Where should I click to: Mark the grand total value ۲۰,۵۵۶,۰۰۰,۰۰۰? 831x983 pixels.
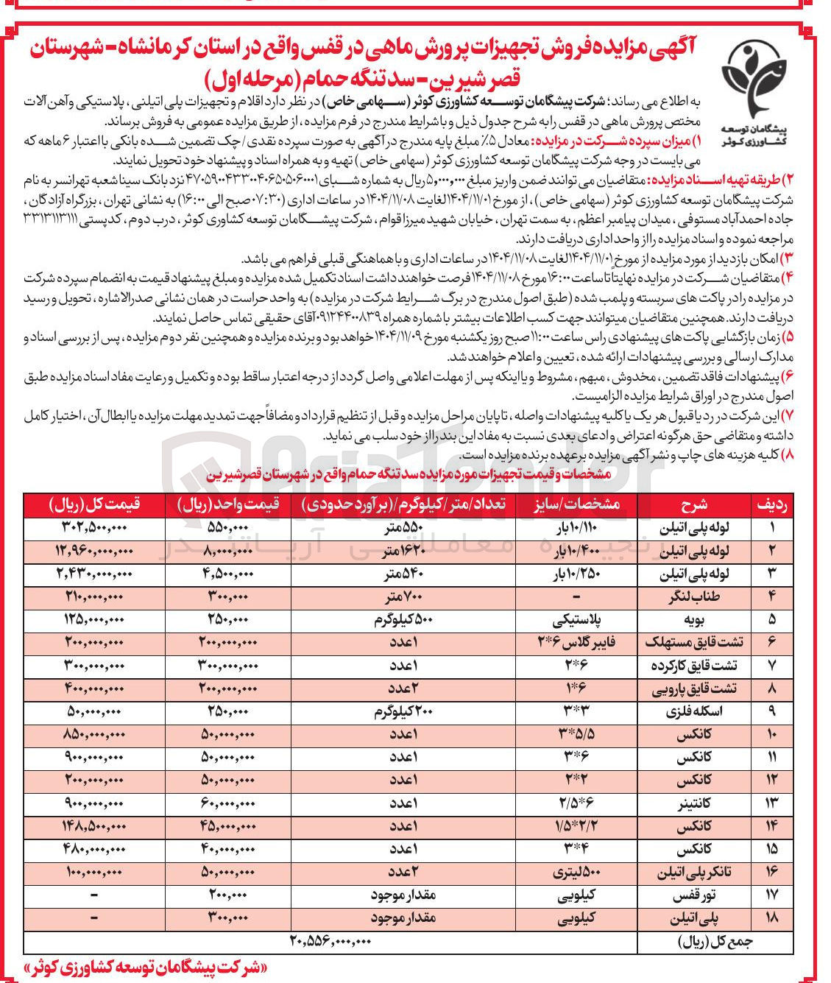(x=330, y=941)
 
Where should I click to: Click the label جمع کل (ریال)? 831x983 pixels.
(x=714, y=941)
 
